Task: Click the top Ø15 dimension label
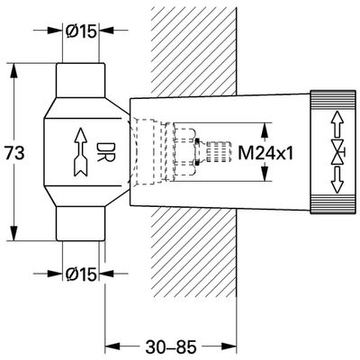(81, 31)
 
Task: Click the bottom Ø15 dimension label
(81, 274)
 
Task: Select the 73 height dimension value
(14, 153)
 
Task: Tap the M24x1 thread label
(265, 154)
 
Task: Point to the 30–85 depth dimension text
(171, 347)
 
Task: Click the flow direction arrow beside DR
(81, 152)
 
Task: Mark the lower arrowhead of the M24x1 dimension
(264, 174)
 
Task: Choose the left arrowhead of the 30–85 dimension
(112, 345)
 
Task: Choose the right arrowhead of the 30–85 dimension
(229, 345)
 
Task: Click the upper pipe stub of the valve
(81, 80)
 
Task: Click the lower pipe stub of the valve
(81, 223)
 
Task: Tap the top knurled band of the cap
(333, 99)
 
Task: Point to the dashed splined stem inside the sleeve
(218, 152)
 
